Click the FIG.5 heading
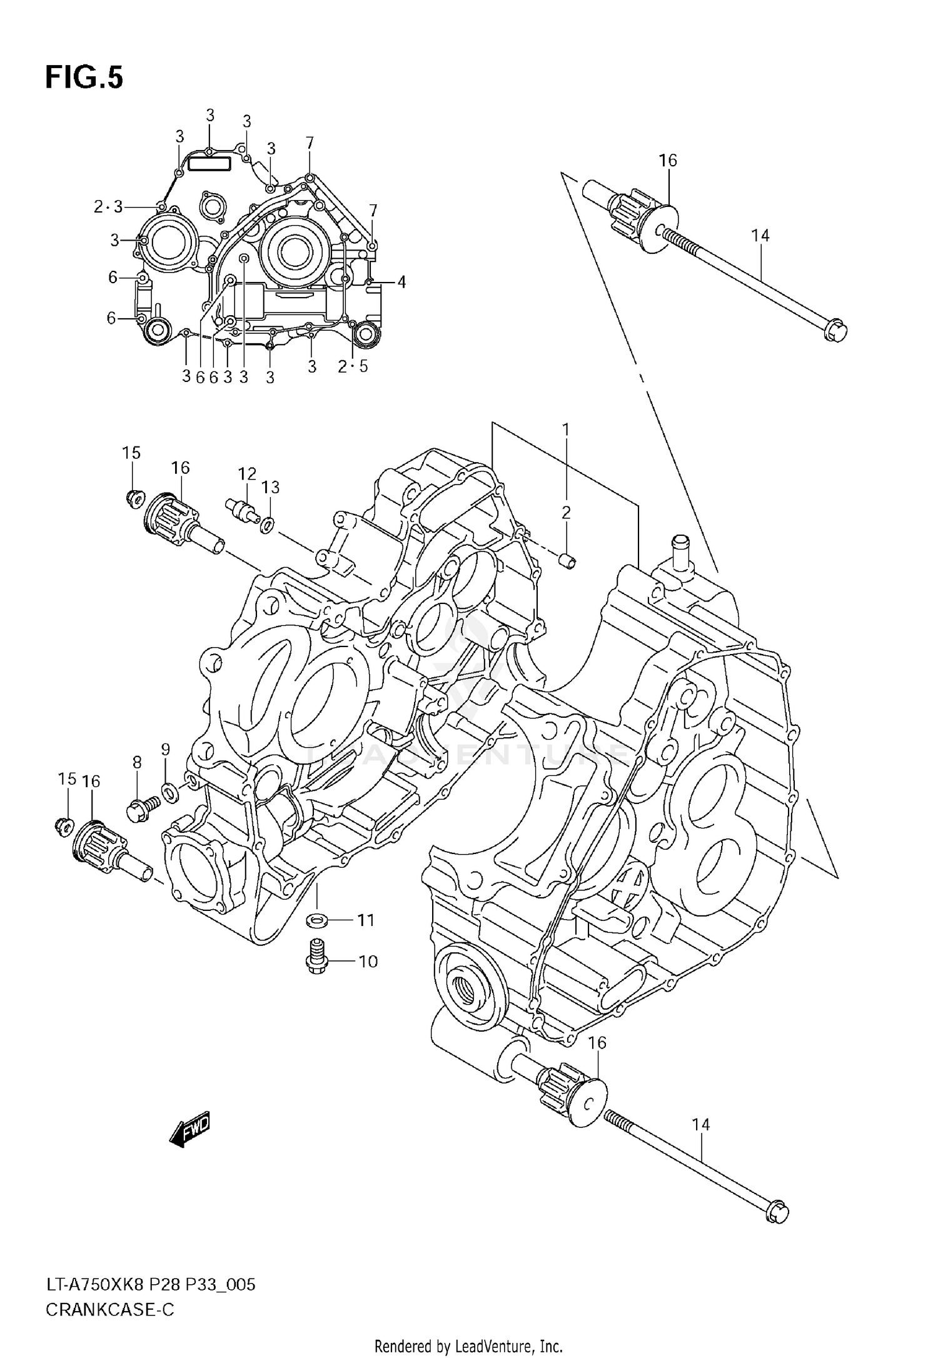(84, 79)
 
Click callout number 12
(246, 473)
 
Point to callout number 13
(270, 487)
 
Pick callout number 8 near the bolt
(136, 762)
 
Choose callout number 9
(165, 749)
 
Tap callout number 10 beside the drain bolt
(368, 961)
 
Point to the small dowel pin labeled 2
(568, 561)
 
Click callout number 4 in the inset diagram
(401, 283)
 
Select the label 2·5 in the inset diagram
(353, 367)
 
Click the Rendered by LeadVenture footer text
(468, 1345)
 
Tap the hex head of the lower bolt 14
(777, 1213)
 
